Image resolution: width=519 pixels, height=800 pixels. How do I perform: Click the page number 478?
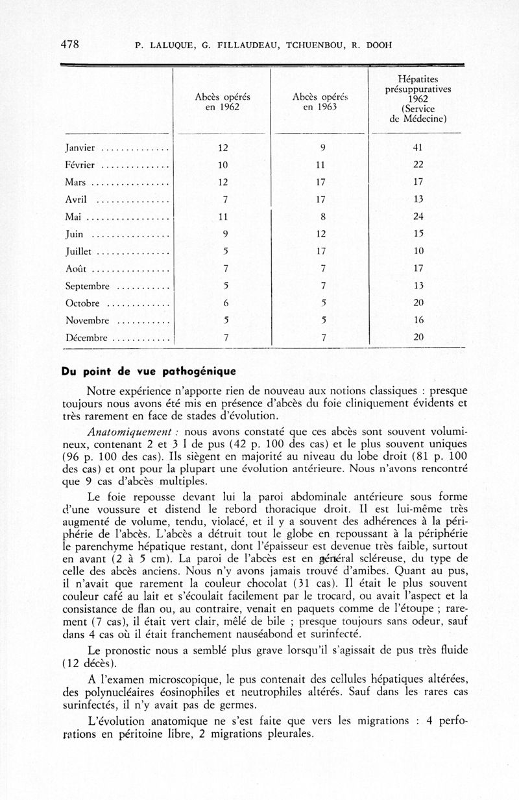69,45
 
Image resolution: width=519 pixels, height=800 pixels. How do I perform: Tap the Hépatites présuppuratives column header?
418,99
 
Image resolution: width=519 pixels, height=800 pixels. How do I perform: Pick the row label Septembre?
90,286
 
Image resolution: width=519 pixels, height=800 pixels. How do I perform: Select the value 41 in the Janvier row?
418,148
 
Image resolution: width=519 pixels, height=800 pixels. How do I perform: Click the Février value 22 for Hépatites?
418,165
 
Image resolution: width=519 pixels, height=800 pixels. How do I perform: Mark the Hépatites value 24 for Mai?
418,217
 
